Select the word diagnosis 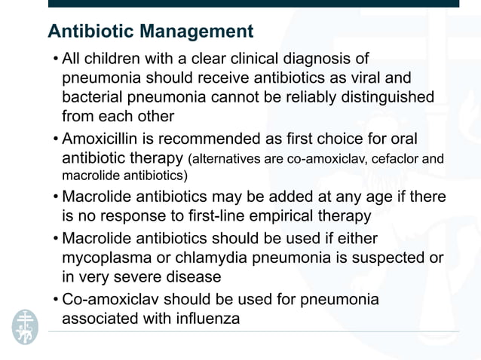pyautogui.click(x=334, y=58)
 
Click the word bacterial pyautogui.click(x=94, y=97)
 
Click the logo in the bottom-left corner pyautogui.click(x=24, y=326)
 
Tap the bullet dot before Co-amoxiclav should pyautogui.click(x=56, y=300)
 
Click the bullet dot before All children pyautogui.click(x=56, y=58)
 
